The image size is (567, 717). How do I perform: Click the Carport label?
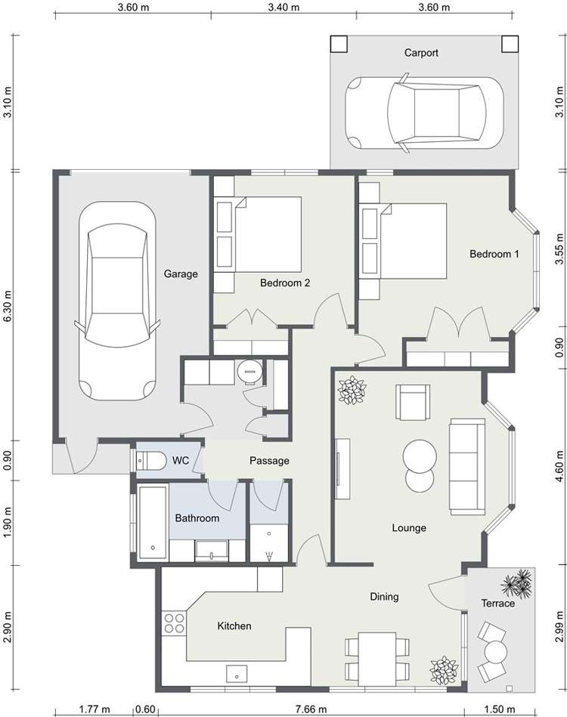(x=421, y=53)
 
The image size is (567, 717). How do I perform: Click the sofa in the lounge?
(x=466, y=466)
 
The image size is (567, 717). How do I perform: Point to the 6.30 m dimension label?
(x=8, y=306)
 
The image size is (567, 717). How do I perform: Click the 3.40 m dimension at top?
(x=283, y=8)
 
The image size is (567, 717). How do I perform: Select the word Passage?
(x=269, y=460)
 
